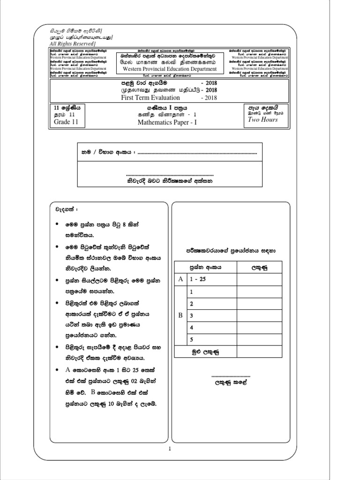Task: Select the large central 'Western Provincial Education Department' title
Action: click(x=170, y=69)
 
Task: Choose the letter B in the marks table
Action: click(x=180, y=315)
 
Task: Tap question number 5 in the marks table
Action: click(x=191, y=339)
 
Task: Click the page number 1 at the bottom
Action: click(x=171, y=449)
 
